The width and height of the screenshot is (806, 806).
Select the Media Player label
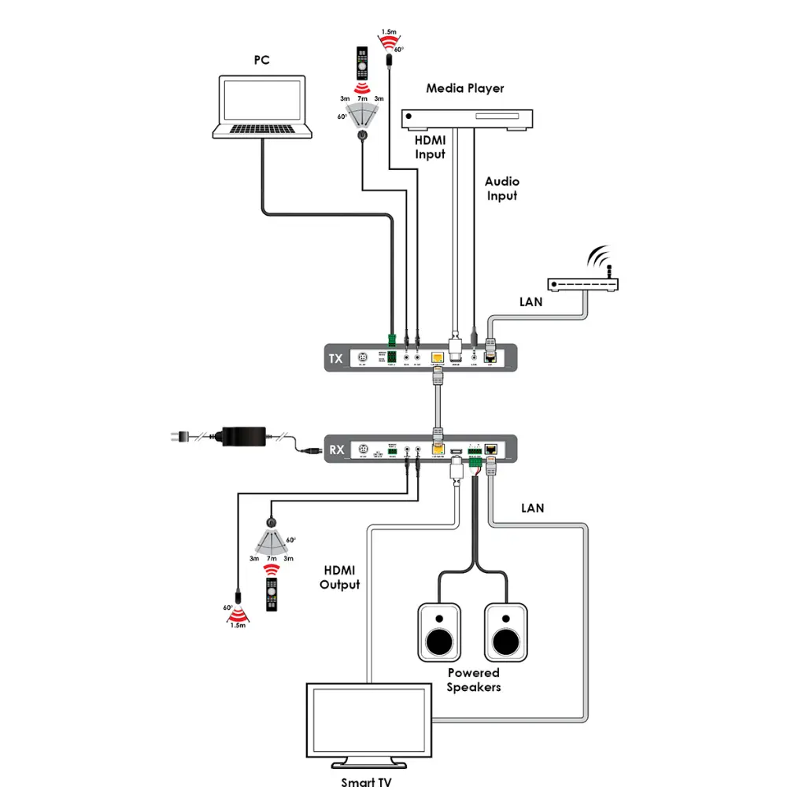pos(464,88)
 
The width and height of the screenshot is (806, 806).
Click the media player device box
pos(468,118)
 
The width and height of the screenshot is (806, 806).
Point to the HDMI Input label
pos(431,147)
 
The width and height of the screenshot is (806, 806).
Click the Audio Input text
pos(502,188)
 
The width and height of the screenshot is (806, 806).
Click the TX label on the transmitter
pos(336,360)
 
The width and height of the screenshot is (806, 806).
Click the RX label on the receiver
pos(336,450)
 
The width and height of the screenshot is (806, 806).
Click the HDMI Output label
pos(339,577)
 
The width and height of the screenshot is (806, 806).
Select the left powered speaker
pos(438,632)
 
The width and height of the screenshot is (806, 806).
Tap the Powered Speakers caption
pos(473,680)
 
